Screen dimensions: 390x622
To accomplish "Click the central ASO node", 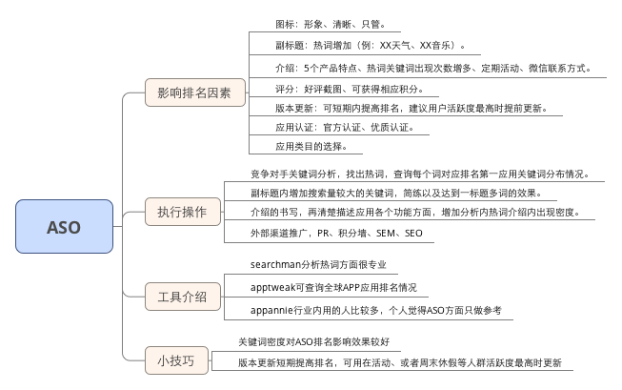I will (64, 228).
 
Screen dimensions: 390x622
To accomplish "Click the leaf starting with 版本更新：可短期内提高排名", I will (411, 108).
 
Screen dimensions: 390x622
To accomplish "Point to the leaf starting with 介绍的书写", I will (414, 212).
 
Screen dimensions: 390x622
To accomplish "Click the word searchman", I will (273, 264).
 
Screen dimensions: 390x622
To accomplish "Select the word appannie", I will (270, 310).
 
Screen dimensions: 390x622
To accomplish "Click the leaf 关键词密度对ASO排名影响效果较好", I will (313, 341).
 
